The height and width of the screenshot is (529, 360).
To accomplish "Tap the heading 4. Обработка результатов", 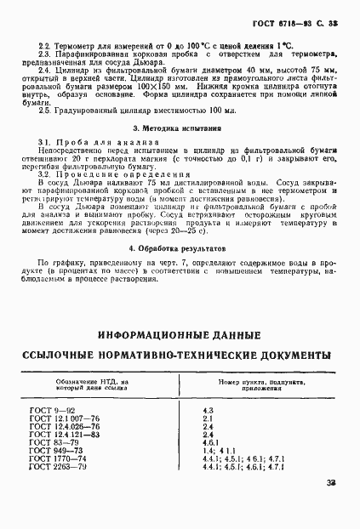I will tap(180, 247).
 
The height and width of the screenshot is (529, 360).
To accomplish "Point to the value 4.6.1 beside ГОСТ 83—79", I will tap(210, 442).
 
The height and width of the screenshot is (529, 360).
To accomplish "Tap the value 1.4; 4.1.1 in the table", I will tap(218, 450).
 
